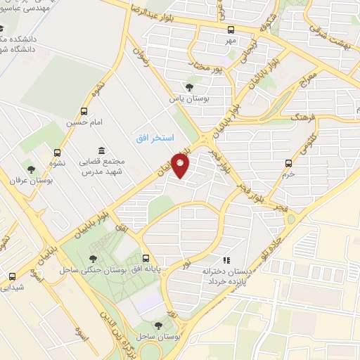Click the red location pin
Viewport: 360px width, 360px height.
[x=181, y=167]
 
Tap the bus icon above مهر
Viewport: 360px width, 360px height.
[x=231, y=30]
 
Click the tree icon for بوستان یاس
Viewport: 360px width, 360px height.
[x=189, y=87]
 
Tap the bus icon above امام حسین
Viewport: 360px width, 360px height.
[x=85, y=111]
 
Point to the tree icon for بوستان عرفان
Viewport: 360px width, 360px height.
[x=30, y=168]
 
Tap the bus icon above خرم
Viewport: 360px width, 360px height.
[x=288, y=163]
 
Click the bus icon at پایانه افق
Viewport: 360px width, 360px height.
[x=146, y=258]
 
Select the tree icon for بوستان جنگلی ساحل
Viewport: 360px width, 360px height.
[x=94, y=262]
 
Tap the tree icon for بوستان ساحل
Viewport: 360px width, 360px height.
[x=157, y=324]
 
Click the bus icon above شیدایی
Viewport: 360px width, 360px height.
[x=11, y=276]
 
